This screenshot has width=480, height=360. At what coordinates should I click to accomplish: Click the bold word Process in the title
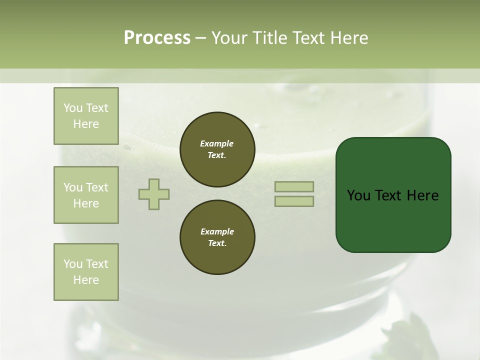(157, 38)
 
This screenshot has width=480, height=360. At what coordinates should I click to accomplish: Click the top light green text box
(86, 116)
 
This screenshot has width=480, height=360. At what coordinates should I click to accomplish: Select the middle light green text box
(86, 195)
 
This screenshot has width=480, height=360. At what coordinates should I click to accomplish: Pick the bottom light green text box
(86, 272)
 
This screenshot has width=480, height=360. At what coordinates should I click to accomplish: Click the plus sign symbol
(154, 194)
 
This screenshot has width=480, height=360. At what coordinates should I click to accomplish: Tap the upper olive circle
(217, 149)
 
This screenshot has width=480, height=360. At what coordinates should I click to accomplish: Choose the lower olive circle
(217, 237)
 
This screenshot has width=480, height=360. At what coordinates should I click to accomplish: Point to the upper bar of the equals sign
(294, 187)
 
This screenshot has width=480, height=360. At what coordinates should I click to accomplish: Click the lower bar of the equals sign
(294, 201)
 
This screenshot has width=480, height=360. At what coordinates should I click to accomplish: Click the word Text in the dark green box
(390, 195)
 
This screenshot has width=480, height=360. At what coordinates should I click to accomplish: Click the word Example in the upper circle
(217, 143)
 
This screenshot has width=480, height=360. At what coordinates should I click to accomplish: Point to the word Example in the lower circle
(217, 231)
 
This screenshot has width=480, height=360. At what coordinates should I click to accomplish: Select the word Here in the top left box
(86, 124)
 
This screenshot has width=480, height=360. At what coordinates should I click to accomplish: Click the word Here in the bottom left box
(86, 280)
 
